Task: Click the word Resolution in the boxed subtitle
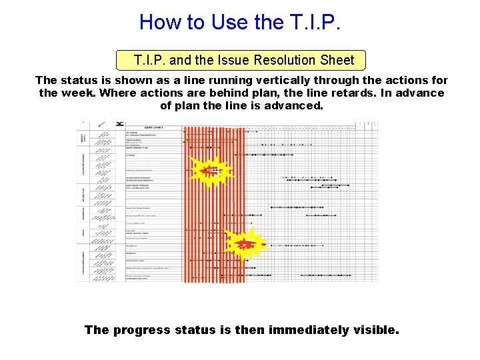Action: point(285,60)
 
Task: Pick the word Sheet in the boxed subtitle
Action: point(337,60)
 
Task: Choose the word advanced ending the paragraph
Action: point(289,105)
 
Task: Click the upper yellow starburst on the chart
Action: point(210,171)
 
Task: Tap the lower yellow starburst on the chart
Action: point(245,244)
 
